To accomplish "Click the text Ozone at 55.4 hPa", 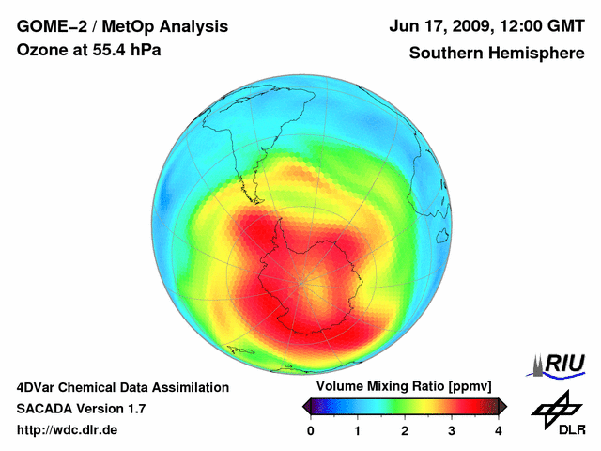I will (88, 50).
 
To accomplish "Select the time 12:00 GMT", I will (540, 26).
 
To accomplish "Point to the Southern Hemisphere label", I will (496, 53).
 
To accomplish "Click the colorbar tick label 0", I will (311, 430).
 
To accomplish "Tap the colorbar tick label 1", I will (358, 430).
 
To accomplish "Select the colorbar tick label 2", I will (405, 430).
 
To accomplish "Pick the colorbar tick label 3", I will (452, 430).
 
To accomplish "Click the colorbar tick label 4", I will (499, 430).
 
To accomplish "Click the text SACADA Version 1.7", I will (81, 409).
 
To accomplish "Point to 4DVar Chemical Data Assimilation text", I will (123, 387).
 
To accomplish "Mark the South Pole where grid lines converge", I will (301, 279).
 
